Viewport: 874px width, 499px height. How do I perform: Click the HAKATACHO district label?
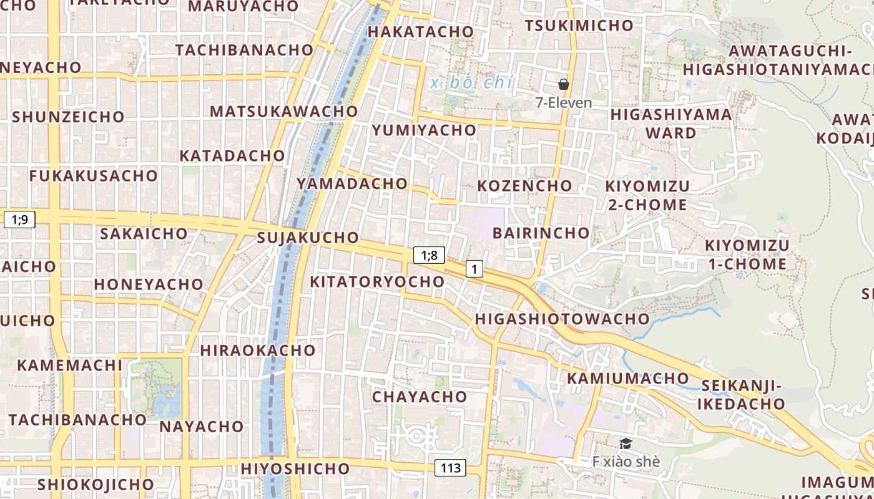tap(421, 31)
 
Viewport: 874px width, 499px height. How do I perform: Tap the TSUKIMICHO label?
tap(579, 26)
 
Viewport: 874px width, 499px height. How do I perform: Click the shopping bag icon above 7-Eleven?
tap(564, 84)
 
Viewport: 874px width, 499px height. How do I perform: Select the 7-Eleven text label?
tap(564, 102)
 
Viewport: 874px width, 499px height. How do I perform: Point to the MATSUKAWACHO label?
tap(284, 112)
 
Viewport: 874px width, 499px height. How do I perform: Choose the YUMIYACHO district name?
tap(424, 130)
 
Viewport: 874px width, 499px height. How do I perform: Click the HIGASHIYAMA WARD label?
tap(671, 124)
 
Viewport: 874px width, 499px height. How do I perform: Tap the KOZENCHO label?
tap(524, 186)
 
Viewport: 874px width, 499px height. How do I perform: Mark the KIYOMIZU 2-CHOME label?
tap(647, 195)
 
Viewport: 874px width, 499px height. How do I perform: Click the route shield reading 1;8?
tap(429, 254)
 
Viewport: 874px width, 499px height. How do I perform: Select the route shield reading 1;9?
tap(19, 219)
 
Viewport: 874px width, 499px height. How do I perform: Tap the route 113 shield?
tap(450, 468)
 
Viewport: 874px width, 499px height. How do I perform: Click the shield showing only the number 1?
tap(474, 269)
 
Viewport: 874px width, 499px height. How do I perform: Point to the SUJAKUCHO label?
tap(308, 238)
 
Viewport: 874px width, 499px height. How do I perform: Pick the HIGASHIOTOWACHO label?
tap(562, 319)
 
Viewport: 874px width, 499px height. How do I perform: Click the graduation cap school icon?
tap(626, 443)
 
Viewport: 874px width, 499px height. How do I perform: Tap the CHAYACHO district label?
tap(420, 397)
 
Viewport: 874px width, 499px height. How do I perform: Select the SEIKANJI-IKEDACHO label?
tap(741, 395)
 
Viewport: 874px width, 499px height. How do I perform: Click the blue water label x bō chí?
tap(471, 82)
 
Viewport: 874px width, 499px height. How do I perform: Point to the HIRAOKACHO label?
tap(258, 351)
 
